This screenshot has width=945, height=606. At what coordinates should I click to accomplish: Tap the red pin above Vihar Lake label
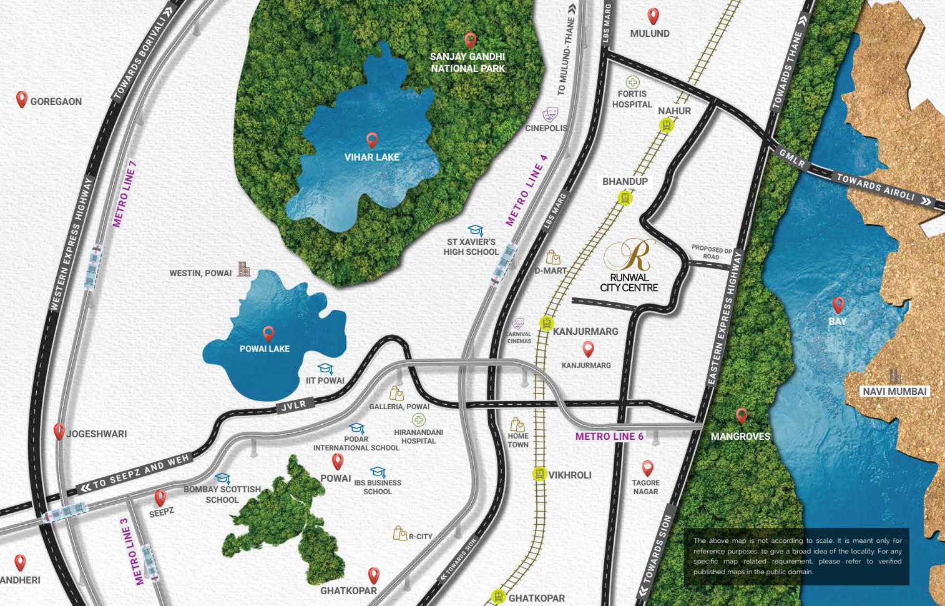[372, 140]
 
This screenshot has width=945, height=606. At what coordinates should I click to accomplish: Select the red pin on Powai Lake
[268, 333]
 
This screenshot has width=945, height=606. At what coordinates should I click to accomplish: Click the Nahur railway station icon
[667, 126]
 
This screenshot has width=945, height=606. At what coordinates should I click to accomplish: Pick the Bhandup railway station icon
[625, 198]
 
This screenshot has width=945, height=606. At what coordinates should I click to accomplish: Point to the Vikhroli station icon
[539, 474]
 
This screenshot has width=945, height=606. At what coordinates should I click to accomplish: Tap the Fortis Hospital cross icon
[632, 82]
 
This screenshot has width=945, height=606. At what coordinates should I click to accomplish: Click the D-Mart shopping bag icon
[553, 257]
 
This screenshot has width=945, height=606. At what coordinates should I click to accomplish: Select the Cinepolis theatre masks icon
[550, 114]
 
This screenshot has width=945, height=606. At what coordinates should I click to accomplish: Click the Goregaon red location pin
[22, 99]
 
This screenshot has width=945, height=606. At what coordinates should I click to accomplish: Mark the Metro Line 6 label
[609, 437]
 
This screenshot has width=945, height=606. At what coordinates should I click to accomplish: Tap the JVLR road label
[294, 405]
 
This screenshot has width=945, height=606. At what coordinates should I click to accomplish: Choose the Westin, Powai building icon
[244, 269]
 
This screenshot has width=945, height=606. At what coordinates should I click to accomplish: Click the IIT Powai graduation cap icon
[325, 369]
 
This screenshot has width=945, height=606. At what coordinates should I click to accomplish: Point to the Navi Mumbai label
[894, 392]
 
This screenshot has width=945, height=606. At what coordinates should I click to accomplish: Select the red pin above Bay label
[838, 304]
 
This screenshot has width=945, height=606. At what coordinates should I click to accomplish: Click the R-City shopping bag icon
[399, 533]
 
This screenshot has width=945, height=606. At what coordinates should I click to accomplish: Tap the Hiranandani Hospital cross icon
[418, 420]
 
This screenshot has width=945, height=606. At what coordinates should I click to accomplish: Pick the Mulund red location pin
[653, 16]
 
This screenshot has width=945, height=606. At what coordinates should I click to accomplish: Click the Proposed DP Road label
[712, 252]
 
